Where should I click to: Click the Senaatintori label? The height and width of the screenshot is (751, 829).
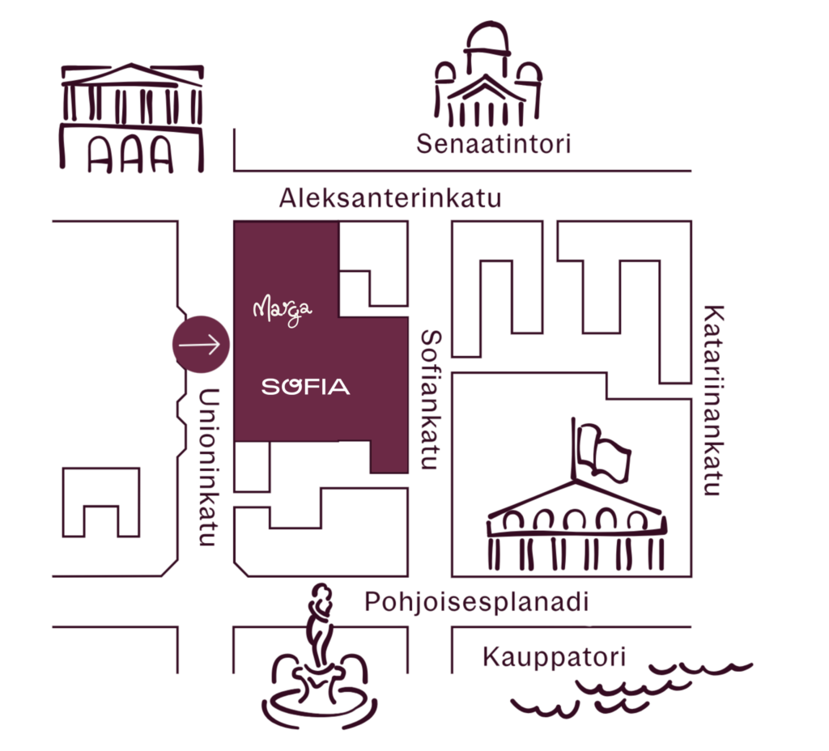click(493, 144)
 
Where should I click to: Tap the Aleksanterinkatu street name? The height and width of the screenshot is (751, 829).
click(390, 198)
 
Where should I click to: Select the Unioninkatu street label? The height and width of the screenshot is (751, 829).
click(208, 467)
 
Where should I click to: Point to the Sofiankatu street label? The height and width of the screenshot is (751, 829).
click(431, 400)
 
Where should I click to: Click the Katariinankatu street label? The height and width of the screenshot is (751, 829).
click(713, 400)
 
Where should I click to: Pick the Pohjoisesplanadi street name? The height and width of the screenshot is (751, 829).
click(476, 602)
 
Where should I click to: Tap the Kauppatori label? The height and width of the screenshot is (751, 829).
click(554, 657)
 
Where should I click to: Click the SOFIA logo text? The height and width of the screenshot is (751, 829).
click(305, 387)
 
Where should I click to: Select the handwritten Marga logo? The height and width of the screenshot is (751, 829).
click(283, 310)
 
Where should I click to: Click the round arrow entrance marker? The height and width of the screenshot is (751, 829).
click(201, 345)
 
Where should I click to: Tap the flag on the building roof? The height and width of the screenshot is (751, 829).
click(602, 452)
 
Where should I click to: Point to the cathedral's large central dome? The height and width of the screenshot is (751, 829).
click(487, 38)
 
